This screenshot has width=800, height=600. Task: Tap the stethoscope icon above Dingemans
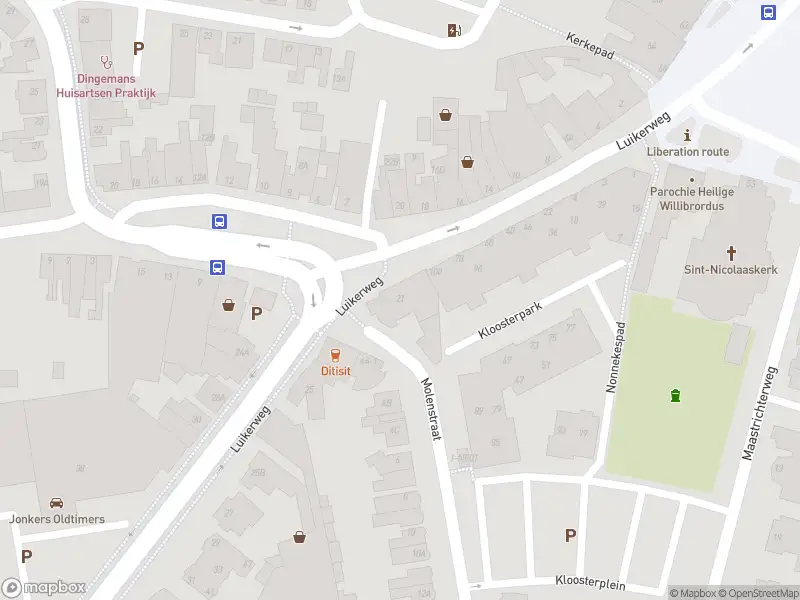tap(107, 60)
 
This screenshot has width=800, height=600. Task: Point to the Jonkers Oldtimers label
tap(57, 519)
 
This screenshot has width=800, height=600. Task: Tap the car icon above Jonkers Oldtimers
tap(57, 502)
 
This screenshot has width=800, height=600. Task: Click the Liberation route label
tap(687, 152)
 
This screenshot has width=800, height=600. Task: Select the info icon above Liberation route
tap(687, 135)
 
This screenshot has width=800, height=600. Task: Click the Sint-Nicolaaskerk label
tap(730, 270)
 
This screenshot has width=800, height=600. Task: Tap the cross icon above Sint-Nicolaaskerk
tap(731, 253)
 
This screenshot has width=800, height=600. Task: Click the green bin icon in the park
tap(676, 395)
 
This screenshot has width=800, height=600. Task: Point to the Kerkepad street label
tap(588, 46)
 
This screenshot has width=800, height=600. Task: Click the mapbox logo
tap(43, 588)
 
